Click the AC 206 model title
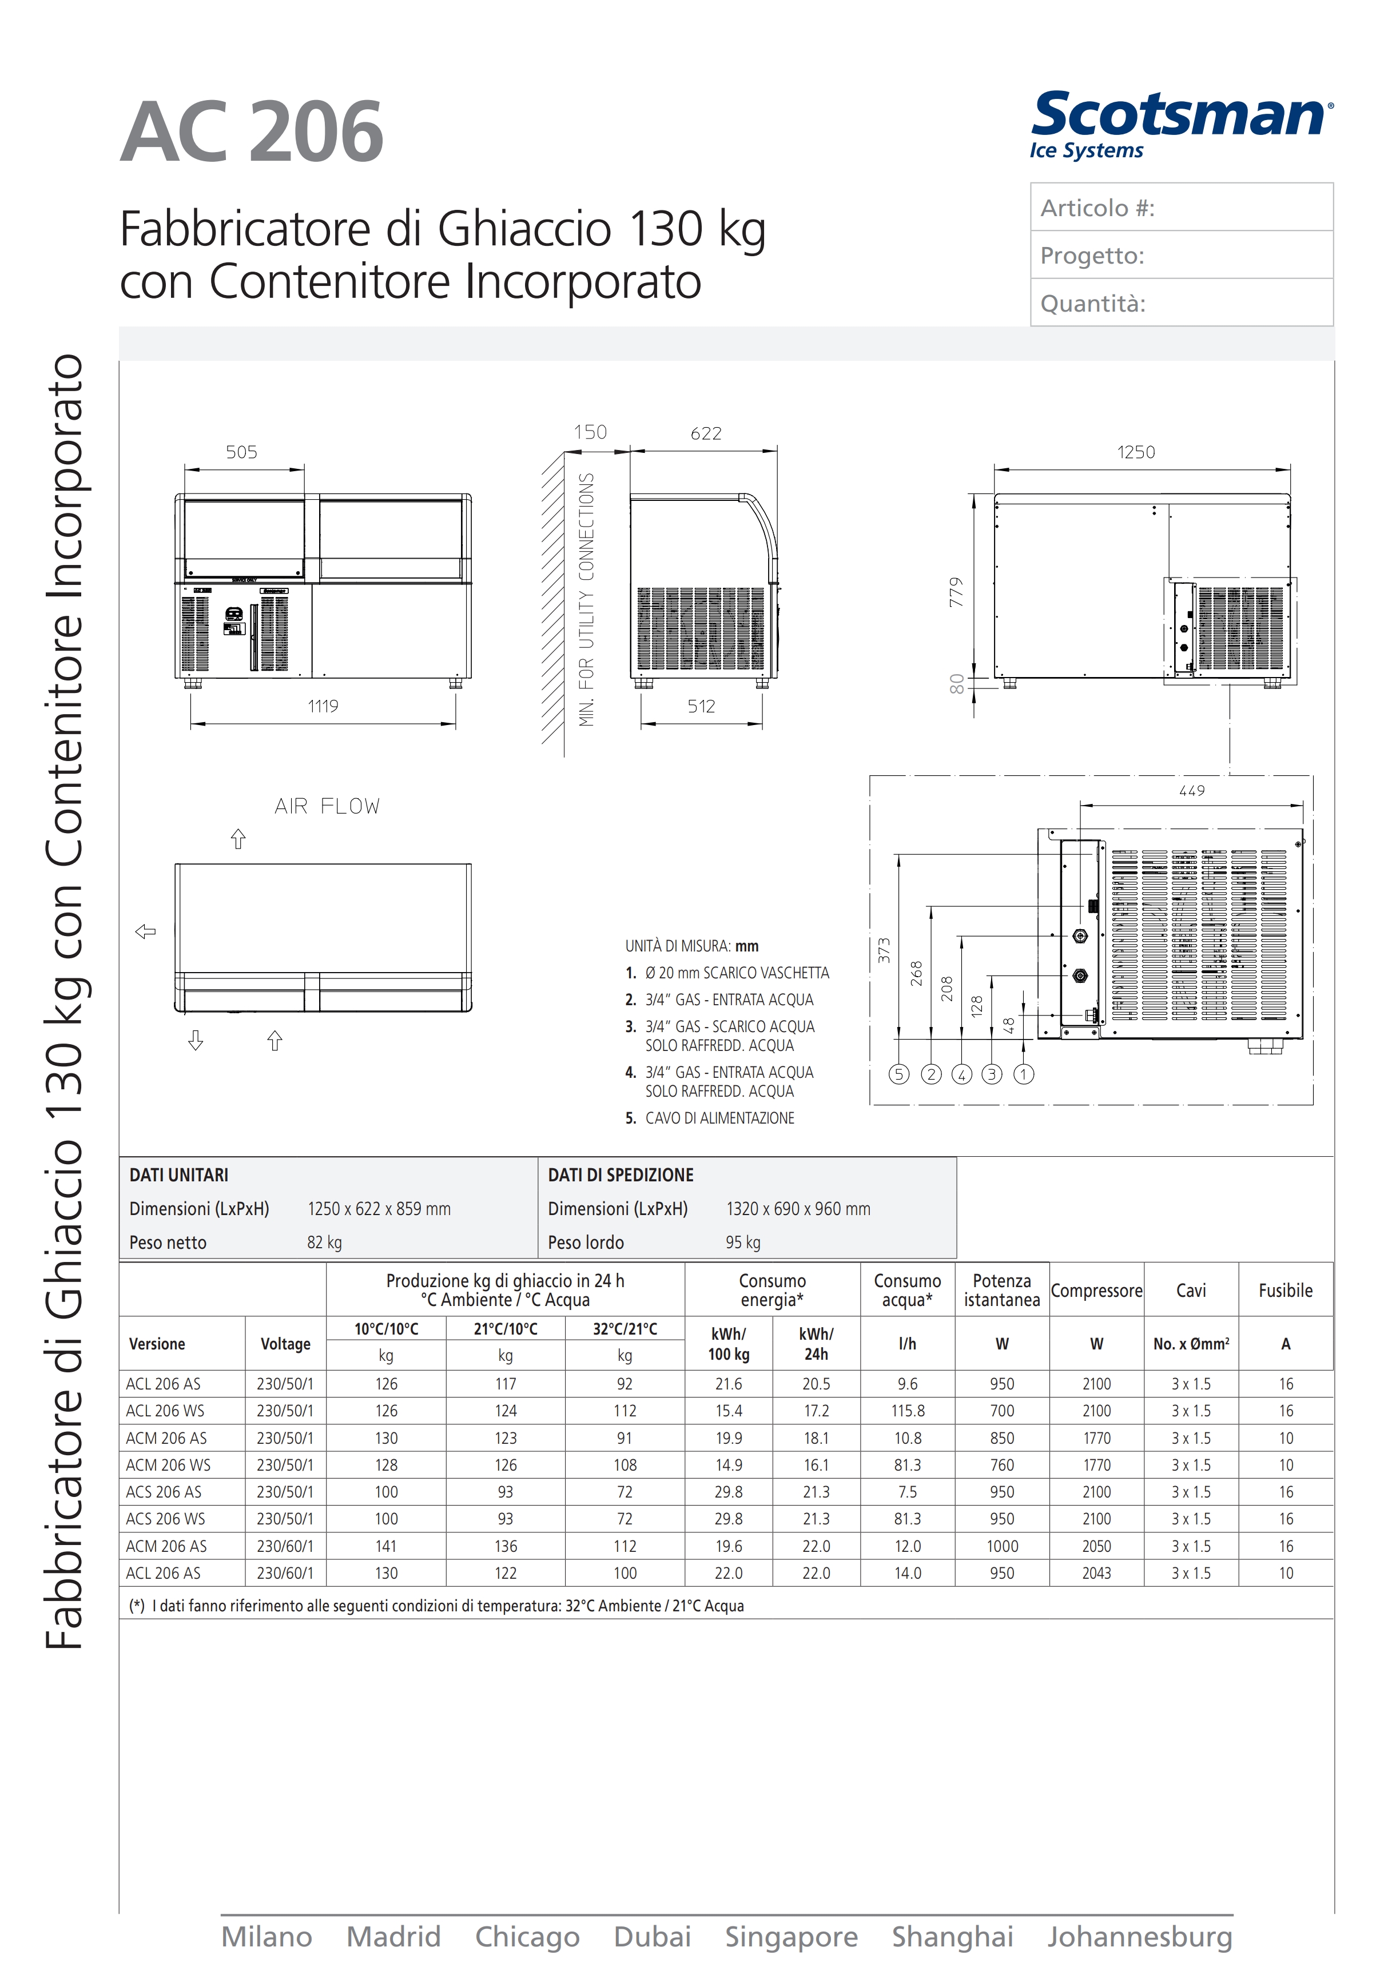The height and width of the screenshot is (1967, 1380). coord(251,132)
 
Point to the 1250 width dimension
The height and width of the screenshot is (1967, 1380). coord(1135,452)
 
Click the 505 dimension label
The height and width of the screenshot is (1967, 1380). coord(241,452)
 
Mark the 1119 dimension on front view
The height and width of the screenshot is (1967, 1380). coord(323,707)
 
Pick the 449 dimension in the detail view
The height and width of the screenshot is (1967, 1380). coord(1191,791)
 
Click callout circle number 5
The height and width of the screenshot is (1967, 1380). coord(898,1074)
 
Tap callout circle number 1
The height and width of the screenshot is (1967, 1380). coord(1024,1074)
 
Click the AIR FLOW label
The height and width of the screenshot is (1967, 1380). coord(327,806)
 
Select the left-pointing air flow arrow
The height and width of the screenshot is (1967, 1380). coord(146,931)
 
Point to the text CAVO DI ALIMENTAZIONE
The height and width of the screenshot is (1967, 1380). coord(719,1118)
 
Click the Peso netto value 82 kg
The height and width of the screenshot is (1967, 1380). coord(325,1242)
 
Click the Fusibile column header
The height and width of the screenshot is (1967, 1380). coord(1285,1290)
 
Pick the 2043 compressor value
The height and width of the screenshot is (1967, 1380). coord(1096,1573)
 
